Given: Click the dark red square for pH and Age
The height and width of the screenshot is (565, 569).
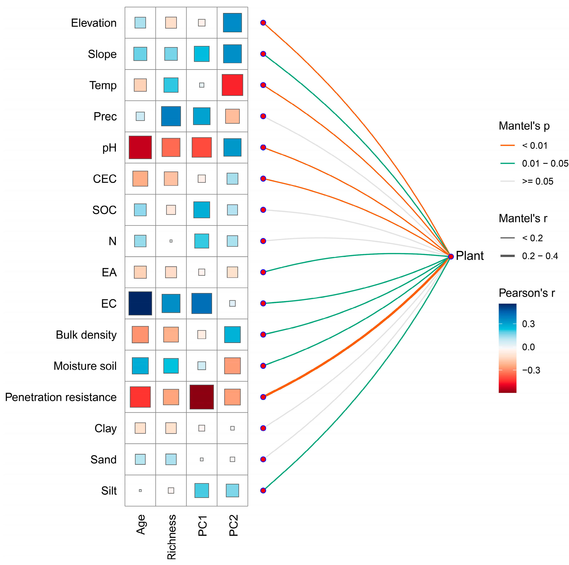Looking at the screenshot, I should tap(140, 147).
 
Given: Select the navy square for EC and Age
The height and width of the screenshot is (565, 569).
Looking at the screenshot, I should tap(140, 303).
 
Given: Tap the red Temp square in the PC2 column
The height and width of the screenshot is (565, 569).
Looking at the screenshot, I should tap(232, 85).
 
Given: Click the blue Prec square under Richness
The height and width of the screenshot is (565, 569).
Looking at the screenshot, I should tap(171, 116).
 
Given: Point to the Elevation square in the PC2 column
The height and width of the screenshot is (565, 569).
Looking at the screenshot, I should tap(232, 23).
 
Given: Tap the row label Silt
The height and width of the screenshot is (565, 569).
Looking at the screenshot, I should tap(109, 491).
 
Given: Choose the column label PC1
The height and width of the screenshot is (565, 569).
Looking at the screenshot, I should tap(202, 526).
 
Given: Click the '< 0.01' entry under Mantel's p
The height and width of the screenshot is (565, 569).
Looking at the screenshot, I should tap(534, 146).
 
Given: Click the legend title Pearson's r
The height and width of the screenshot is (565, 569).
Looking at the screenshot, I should tap(527, 293).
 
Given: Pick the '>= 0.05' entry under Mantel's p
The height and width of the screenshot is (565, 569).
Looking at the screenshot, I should tap(537, 181).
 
